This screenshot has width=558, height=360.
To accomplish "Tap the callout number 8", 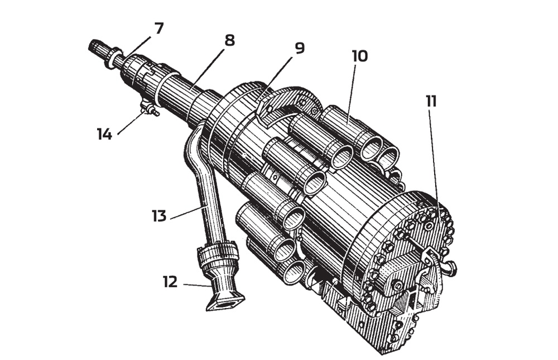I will (x=229, y=41).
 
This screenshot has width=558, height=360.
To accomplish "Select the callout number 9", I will (x=300, y=49).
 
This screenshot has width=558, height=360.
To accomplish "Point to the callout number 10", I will (x=360, y=56).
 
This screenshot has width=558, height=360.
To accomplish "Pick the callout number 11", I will (x=431, y=102).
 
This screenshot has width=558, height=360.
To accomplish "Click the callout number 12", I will (x=171, y=282).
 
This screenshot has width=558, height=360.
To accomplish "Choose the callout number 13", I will (x=160, y=215).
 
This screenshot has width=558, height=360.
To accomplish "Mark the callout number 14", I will (x=104, y=134).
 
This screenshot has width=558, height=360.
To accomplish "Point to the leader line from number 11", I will (x=434, y=162).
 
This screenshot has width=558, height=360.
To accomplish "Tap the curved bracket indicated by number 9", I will (x=290, y=103).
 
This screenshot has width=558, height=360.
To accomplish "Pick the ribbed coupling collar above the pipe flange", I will (x=218, y=258).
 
